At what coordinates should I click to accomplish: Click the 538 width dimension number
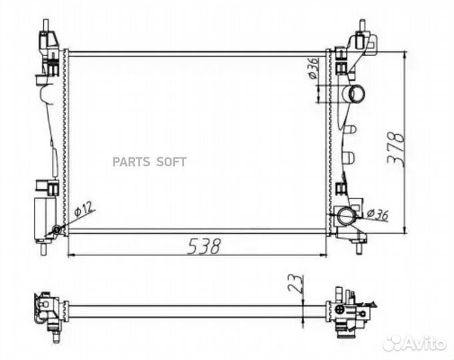point(204,247)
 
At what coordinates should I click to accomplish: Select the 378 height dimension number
point(396,149)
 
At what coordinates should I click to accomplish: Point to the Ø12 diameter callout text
point(84,209)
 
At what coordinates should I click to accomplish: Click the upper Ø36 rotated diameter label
point(313,69)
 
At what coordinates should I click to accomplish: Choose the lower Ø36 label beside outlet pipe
point(377,214)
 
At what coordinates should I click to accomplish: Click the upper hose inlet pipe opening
point(357,93)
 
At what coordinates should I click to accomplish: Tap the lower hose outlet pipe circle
point(347,216)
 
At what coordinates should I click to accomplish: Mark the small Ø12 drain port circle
point(57,230)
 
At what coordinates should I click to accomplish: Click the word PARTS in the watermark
point(131,162)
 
